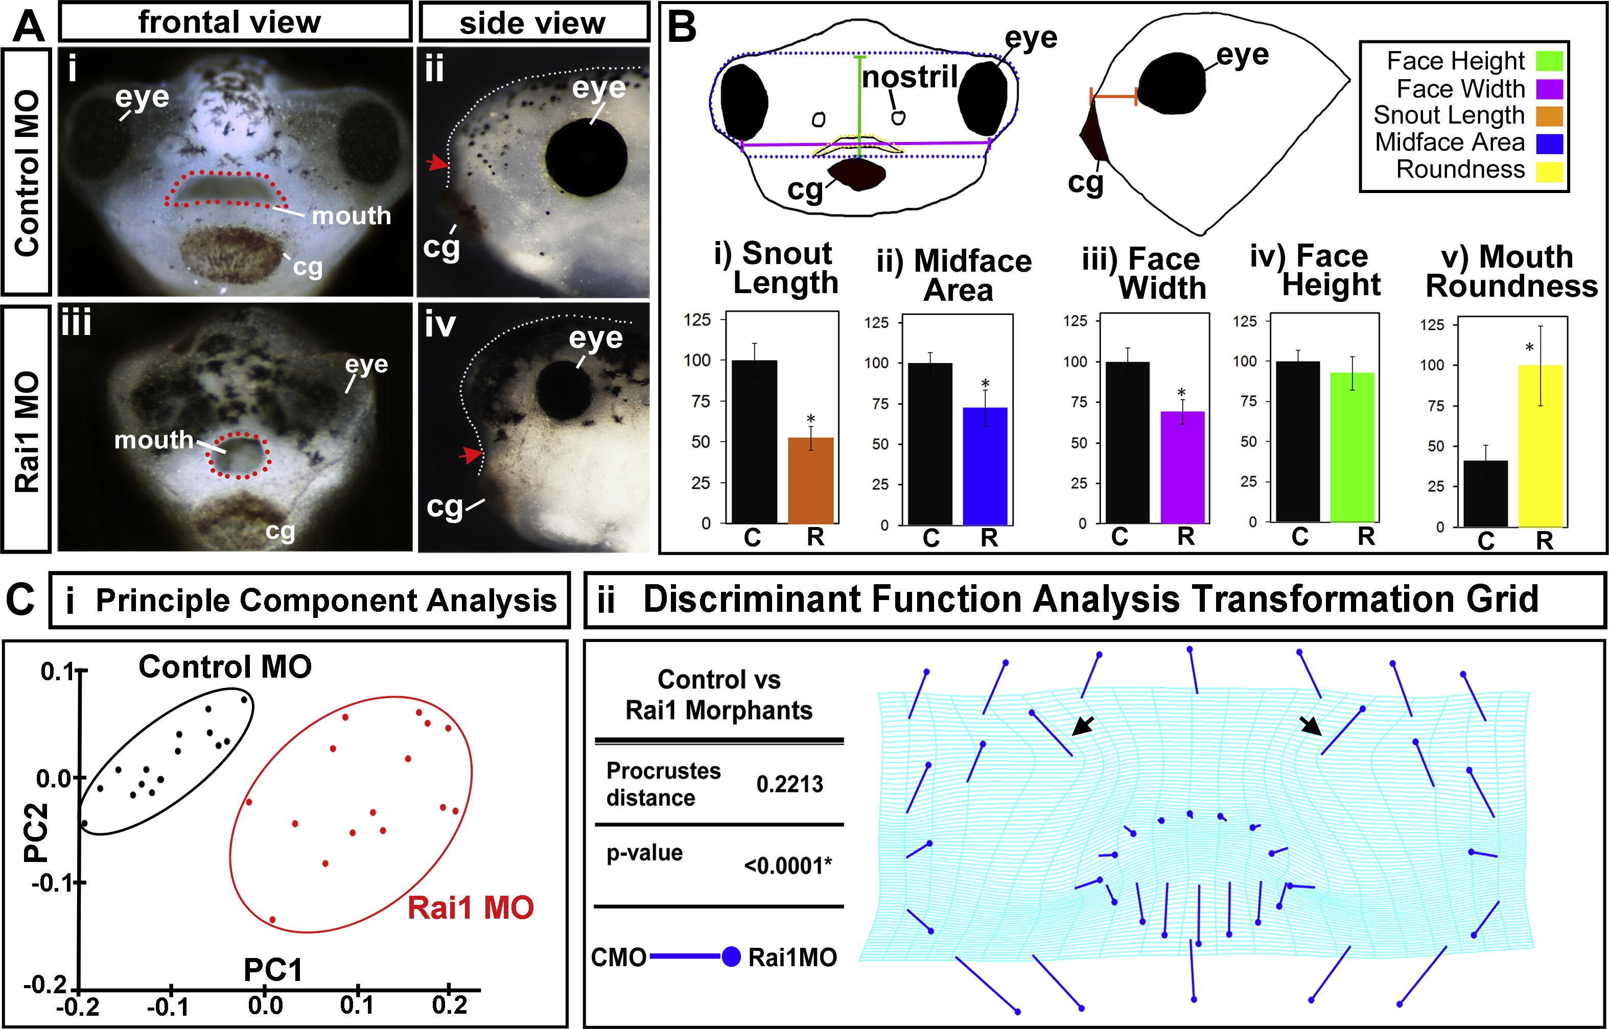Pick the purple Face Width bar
pos(1182,467)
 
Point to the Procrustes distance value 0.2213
pos(789,784)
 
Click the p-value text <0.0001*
pos(787,866)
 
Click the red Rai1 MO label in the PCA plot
pos(471,908)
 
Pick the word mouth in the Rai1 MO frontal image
pos(154,440)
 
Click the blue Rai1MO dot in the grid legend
pos(731,957)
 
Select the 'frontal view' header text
pos(229,22)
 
